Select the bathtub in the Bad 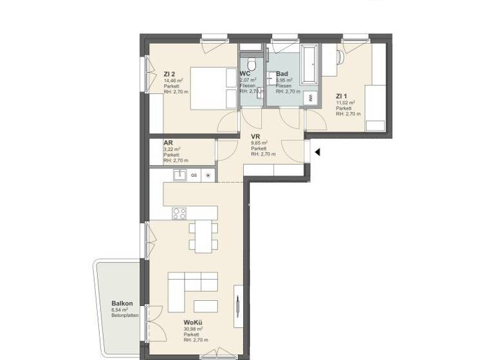point(310,64)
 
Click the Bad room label point(282,74)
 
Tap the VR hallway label point(255,137)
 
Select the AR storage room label point(167,143)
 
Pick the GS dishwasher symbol point(194,175)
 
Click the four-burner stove point(179,213)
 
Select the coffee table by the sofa point(205,306)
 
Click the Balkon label point(122,303)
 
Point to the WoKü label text point(194,322)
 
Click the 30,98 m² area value point(193,328)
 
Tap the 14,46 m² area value point(173,80)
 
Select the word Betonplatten point(124,315)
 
